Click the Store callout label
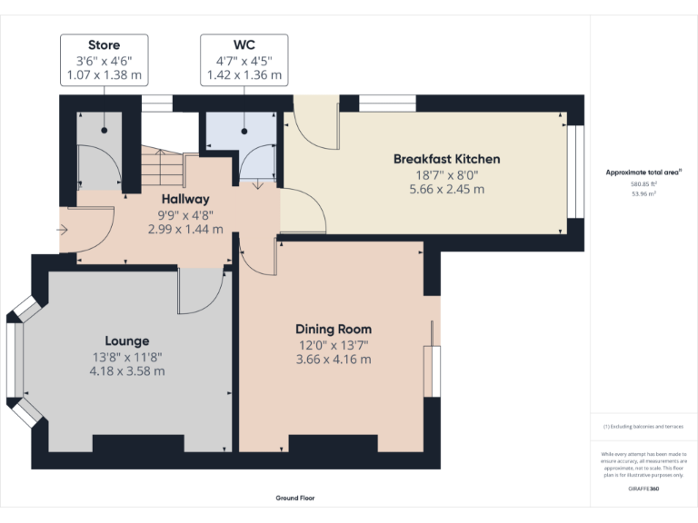tap(104, 44)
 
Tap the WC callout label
tap(244, 44)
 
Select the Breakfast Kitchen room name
tap(446, 159)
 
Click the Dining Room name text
tap(334, 329)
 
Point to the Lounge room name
tap(126, 340)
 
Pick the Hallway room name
tap(185, 199)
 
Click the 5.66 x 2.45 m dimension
tap(446, 190)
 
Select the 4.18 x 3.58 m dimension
tap(126, 370)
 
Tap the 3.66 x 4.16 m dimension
tap(334, 359)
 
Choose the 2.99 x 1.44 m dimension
tap(185, 229)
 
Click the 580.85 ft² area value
tap(643, 184)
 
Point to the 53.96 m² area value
tap(643, 193)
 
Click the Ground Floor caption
tap(294, 498)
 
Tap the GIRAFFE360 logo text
tap(643, 489)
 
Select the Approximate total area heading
tap(643, 172)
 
